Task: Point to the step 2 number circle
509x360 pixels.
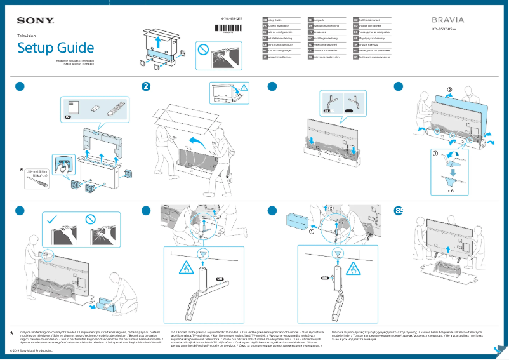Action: (146, 87)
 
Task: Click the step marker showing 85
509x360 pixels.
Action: (399, 211)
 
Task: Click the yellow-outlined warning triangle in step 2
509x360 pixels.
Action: (244, 88)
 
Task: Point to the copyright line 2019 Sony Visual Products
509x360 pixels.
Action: (32, 350)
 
